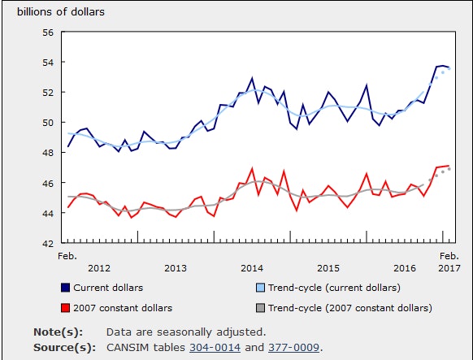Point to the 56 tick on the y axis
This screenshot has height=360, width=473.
[47, 33]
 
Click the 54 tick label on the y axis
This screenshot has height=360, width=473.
[47, 63]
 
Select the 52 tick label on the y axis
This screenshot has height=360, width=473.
[47, 93]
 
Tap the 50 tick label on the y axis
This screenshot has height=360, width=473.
[47, 123]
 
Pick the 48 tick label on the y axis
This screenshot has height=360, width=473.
[47, 153]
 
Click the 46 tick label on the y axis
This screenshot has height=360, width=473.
[47, 183]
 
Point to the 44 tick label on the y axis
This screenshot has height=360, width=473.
[47, 213]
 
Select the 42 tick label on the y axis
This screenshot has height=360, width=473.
[47, 243]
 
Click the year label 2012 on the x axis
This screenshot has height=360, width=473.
[98, 267]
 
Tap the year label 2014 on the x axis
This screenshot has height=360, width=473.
[252, 267]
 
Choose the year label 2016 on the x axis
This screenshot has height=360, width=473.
[405, 267]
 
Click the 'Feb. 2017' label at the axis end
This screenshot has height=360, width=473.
[449, 262]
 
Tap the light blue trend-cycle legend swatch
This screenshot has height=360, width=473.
[260, 288]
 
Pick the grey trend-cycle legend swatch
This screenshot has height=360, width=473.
[260, 308]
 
